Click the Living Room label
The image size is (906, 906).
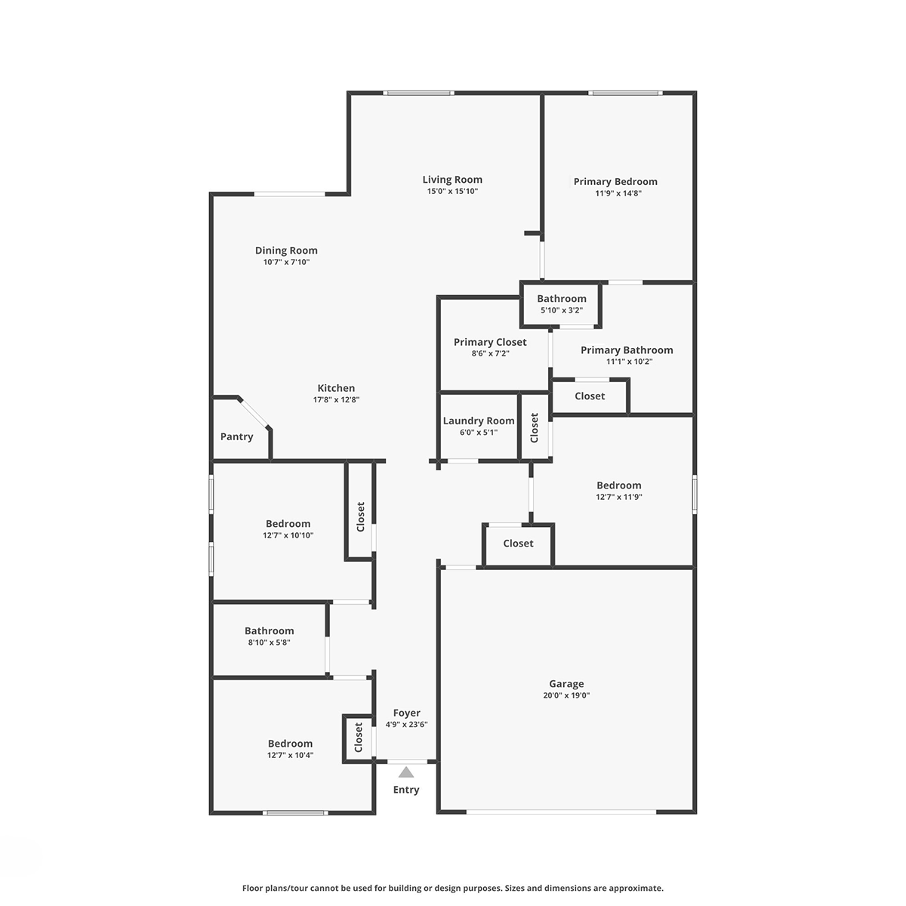[451, 179]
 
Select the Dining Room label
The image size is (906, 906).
[286, 251]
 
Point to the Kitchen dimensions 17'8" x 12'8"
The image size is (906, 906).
[336, 399]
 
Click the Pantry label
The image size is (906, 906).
[236, 437]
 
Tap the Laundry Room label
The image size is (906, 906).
[479, 421]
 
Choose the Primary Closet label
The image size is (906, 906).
[490, 342]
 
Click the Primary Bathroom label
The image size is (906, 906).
[627, 350]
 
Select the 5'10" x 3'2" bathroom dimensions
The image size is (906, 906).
[562, 310]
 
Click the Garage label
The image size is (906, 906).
[566, 683]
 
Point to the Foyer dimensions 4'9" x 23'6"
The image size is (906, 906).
[406, 725]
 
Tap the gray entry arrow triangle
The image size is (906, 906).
[405, 772]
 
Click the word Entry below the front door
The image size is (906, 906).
[405, 790]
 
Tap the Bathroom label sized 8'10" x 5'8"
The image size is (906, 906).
[269, 631]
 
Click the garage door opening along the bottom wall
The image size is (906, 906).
[561, 812]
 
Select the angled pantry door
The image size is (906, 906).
[254, 413]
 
